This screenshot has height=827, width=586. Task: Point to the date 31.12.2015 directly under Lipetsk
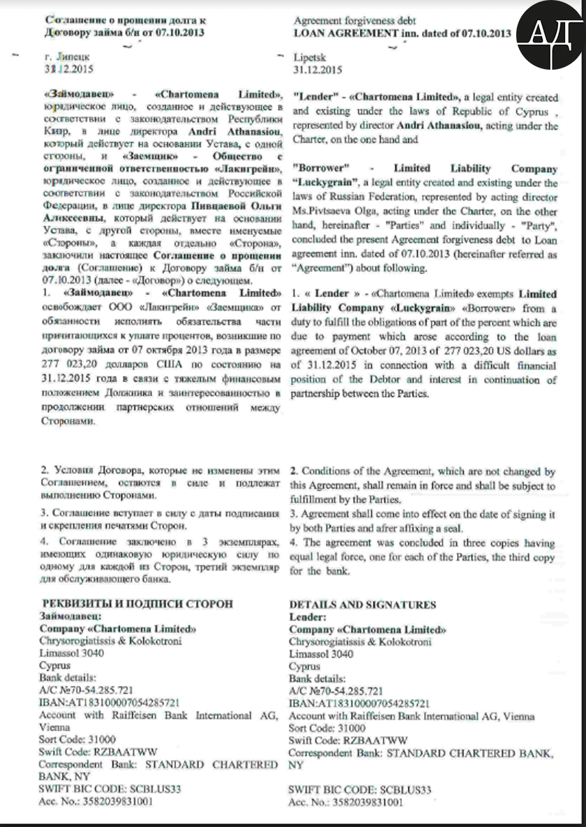[x=318, y=70]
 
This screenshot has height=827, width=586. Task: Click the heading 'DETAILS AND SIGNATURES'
[x=362, y=605]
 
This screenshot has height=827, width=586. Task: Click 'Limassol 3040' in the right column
[x=321, y=654]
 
